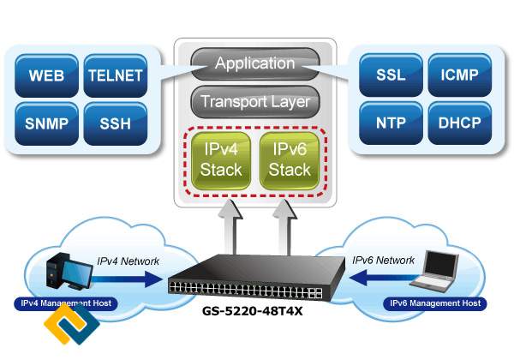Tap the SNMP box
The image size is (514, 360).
point(47,122)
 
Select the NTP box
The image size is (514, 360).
point(391,122)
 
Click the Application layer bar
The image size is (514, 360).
point(255,63)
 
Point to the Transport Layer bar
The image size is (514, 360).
point(255,102)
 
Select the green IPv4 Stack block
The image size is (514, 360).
point(221,159)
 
